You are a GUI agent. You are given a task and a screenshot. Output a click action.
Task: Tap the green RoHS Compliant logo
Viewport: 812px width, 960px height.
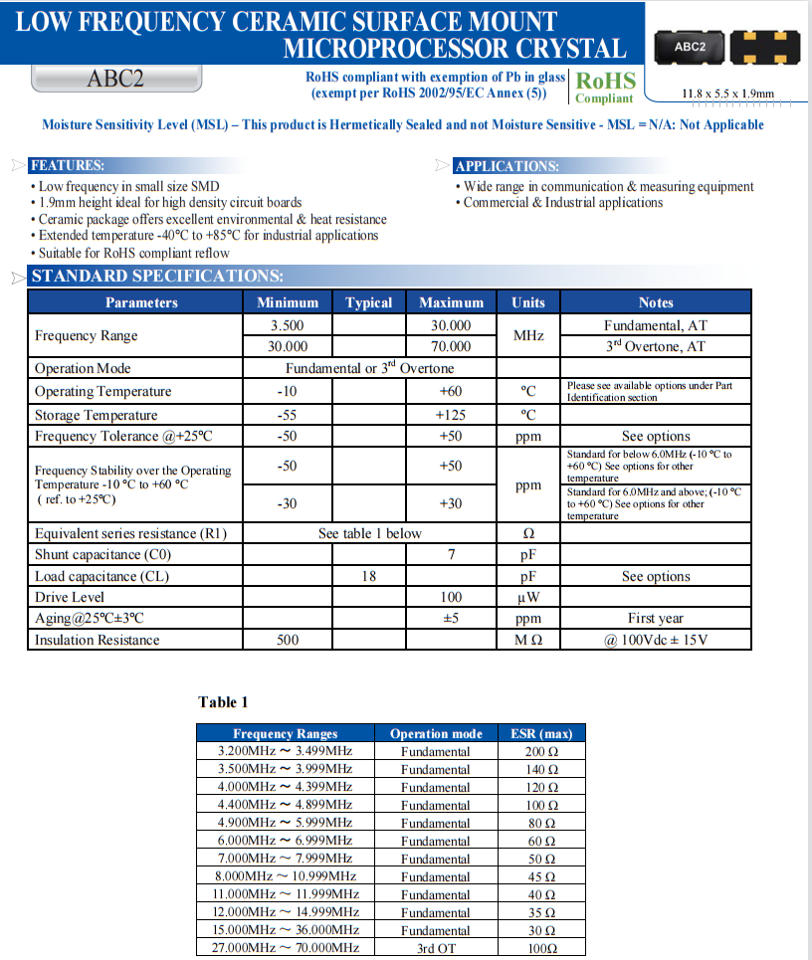[605, 87]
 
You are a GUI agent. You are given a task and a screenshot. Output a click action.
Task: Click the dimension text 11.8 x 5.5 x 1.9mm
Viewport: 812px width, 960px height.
[726, 94]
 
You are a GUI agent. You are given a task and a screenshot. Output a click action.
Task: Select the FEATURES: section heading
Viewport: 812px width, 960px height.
[67, 166]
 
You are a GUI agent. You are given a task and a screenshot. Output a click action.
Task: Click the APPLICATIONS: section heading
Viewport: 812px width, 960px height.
[507, 166]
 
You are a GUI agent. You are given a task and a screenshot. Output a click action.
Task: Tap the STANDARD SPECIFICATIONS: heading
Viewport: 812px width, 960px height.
[157, 277]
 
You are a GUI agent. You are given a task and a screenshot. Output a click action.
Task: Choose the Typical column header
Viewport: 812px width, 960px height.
[368, 302]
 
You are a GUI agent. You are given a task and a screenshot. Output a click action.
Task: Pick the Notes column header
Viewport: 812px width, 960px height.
[656, 302]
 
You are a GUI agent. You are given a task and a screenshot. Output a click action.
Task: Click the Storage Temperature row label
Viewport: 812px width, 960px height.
[96, 415]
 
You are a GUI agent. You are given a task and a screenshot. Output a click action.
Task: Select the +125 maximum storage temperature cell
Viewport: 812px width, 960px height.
[451, 415]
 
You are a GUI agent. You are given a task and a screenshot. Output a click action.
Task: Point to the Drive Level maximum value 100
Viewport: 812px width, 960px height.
[451, 597]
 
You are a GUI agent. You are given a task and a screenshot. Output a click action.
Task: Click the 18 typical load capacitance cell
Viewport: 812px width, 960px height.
[368, 576]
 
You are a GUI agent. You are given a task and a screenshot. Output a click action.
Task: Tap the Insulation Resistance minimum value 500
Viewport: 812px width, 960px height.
[288, 640]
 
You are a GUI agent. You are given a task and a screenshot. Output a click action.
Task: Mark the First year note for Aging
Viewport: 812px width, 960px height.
[656, 618]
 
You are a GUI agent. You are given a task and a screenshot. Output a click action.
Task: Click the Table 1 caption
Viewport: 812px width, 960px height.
[223, 702]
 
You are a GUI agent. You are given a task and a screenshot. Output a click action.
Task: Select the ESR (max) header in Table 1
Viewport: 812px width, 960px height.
[541, 734]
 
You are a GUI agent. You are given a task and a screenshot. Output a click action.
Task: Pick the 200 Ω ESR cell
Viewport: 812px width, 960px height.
[541, 751]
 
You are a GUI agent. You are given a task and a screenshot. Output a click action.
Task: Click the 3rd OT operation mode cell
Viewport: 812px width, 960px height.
[435, 948]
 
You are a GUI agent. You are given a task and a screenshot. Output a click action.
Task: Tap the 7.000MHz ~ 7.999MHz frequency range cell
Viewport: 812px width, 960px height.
[285, 859]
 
